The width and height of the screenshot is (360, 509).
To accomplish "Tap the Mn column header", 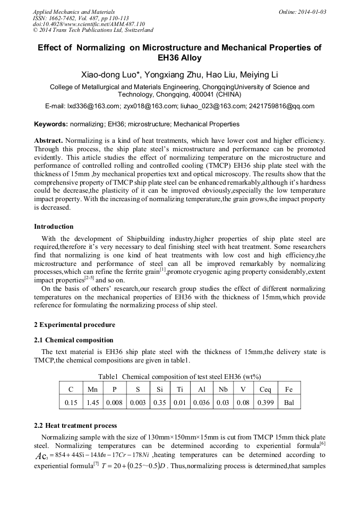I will (92, 389).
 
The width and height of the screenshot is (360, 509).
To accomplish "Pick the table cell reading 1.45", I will (92, 402).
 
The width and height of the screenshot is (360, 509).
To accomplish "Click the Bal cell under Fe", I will (289, 402).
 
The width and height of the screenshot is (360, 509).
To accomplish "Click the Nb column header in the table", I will (223, 389).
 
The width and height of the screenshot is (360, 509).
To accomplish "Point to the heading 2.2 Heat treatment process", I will (75, 426).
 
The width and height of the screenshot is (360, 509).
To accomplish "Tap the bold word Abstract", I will (49, 141).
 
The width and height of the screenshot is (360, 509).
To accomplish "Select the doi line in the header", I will (89, 24).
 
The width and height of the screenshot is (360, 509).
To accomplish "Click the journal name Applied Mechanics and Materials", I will (74, 12).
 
